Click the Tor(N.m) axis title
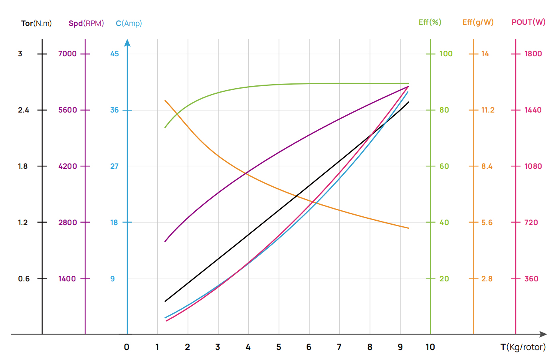36,23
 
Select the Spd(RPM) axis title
86,23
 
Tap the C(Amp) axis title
129,23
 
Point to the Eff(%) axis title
430,22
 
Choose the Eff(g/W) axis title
478,22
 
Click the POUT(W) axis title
528,22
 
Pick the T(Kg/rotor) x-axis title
523,347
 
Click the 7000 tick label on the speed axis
67,54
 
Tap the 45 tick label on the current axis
115,54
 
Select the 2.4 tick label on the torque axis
24,110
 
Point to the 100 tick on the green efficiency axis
445,54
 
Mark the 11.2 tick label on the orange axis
487,110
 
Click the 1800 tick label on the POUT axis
533,54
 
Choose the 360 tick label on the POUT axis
531,279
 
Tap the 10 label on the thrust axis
430,347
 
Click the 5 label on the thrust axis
279,347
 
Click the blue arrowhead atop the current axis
127,42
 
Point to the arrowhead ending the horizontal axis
543,334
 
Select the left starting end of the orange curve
165,101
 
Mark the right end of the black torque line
408,102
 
